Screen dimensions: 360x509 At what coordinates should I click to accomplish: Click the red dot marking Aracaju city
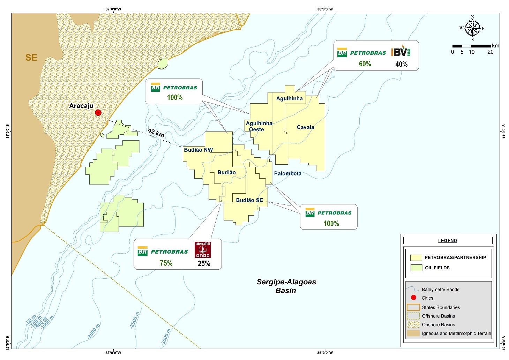pos(98,113)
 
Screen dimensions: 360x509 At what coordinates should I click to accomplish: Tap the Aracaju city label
pos(81,106)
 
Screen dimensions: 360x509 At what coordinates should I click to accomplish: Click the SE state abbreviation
pos(31,58)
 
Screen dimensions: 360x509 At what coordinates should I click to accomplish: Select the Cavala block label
pos(305,127)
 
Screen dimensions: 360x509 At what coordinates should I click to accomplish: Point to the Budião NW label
pos(198,150)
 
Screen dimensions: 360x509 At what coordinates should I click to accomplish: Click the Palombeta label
pos(287,173)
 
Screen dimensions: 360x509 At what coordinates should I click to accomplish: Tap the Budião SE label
pos(249,200)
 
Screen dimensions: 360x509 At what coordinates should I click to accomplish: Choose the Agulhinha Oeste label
pos(259,126)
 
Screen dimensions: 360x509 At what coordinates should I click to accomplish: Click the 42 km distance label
pos(156,133)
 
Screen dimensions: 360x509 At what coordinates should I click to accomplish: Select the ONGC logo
pos(203,250)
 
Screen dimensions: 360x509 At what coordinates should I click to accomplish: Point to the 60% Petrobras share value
pos(365,64)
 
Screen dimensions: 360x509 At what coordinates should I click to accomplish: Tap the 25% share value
pos(204,264)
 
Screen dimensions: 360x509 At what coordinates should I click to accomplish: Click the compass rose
pos(472,28)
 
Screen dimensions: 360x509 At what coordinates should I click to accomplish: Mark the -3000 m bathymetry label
pos(166,337)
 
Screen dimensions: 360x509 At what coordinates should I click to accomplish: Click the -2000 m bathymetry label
pos(93,331)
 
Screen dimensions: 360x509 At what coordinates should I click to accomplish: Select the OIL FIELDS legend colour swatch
pos(416,268)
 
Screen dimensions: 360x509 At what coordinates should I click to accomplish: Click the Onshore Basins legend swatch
pos(413,324)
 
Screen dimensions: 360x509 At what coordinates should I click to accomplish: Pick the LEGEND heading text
pos(447,241)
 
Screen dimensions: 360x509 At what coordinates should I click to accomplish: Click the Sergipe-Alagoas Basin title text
pos(286,286)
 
